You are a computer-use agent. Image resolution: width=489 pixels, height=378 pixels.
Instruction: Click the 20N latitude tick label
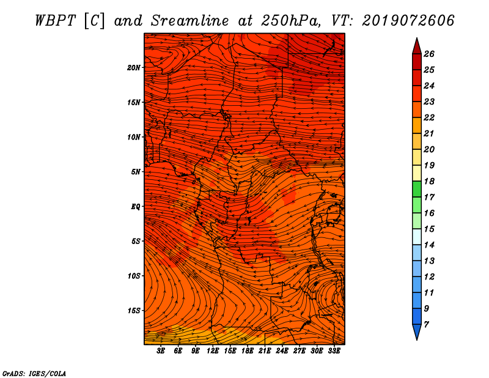(134, 68)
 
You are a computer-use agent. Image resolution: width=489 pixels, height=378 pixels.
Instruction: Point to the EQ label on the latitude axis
(136, 207)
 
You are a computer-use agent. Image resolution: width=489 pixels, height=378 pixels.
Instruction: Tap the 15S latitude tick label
(134, 311)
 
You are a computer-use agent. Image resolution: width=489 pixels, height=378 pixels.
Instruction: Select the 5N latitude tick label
(136, 172)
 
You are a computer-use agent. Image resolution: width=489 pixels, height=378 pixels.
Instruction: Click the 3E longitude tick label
(161, 350)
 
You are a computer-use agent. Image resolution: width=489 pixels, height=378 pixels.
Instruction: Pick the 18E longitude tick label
(248, 350)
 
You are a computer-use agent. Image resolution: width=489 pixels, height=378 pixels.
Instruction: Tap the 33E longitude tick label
(334, 350)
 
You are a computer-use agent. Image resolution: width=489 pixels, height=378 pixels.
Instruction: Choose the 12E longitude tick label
(213, 350)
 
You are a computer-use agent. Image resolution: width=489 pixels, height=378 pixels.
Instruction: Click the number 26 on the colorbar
(429, 54)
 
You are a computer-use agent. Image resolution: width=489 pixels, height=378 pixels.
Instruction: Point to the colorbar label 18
(429, 181)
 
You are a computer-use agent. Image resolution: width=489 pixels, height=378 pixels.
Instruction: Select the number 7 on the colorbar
(426, 325)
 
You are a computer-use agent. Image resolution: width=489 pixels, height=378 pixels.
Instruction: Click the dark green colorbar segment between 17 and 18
(417, 189)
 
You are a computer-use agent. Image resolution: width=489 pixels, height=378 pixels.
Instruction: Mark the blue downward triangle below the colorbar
(417, 332)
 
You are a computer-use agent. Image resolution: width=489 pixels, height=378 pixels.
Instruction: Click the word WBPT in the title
(55, 21)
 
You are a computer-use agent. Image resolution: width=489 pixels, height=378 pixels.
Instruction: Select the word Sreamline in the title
(189, 21)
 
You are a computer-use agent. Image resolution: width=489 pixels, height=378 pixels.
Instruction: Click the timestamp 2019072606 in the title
(408, 21)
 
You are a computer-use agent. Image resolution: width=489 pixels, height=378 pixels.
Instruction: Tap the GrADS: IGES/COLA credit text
(34, 373)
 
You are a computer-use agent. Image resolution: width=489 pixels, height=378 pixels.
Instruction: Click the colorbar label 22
(429, 117)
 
